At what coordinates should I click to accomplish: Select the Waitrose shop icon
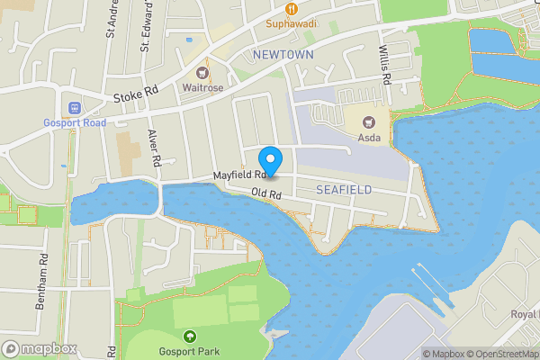(x=202, y=72)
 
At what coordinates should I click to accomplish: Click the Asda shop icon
(x=367, y=121)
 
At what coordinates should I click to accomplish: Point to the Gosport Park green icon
(x=189, y=336)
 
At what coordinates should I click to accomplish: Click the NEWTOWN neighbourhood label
(x=283, y=55)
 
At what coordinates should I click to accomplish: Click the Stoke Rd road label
(x=136, y=93)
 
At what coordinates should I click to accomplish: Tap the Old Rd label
(x=267, y=193)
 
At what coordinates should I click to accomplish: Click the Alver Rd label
(x=155, y=148)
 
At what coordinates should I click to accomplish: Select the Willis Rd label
(x=384, y=66)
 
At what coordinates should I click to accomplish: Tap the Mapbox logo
(x=39, y=348)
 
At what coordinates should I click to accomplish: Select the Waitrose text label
(x=202, y=88)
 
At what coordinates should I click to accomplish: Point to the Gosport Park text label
(x=189, y=351)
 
